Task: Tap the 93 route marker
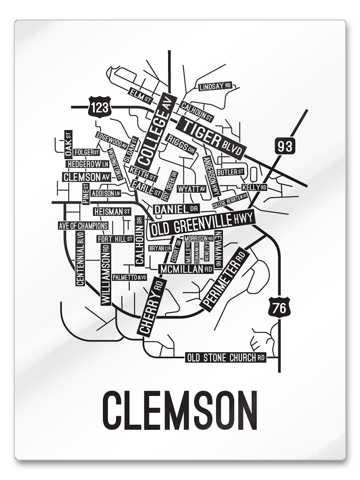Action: [285, 146]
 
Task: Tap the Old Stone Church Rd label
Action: [226, 358]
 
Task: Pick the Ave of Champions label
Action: [83, 226]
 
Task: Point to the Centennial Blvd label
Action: [80, 258]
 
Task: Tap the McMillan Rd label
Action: [186, 269]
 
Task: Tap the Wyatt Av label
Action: [192, 189]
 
